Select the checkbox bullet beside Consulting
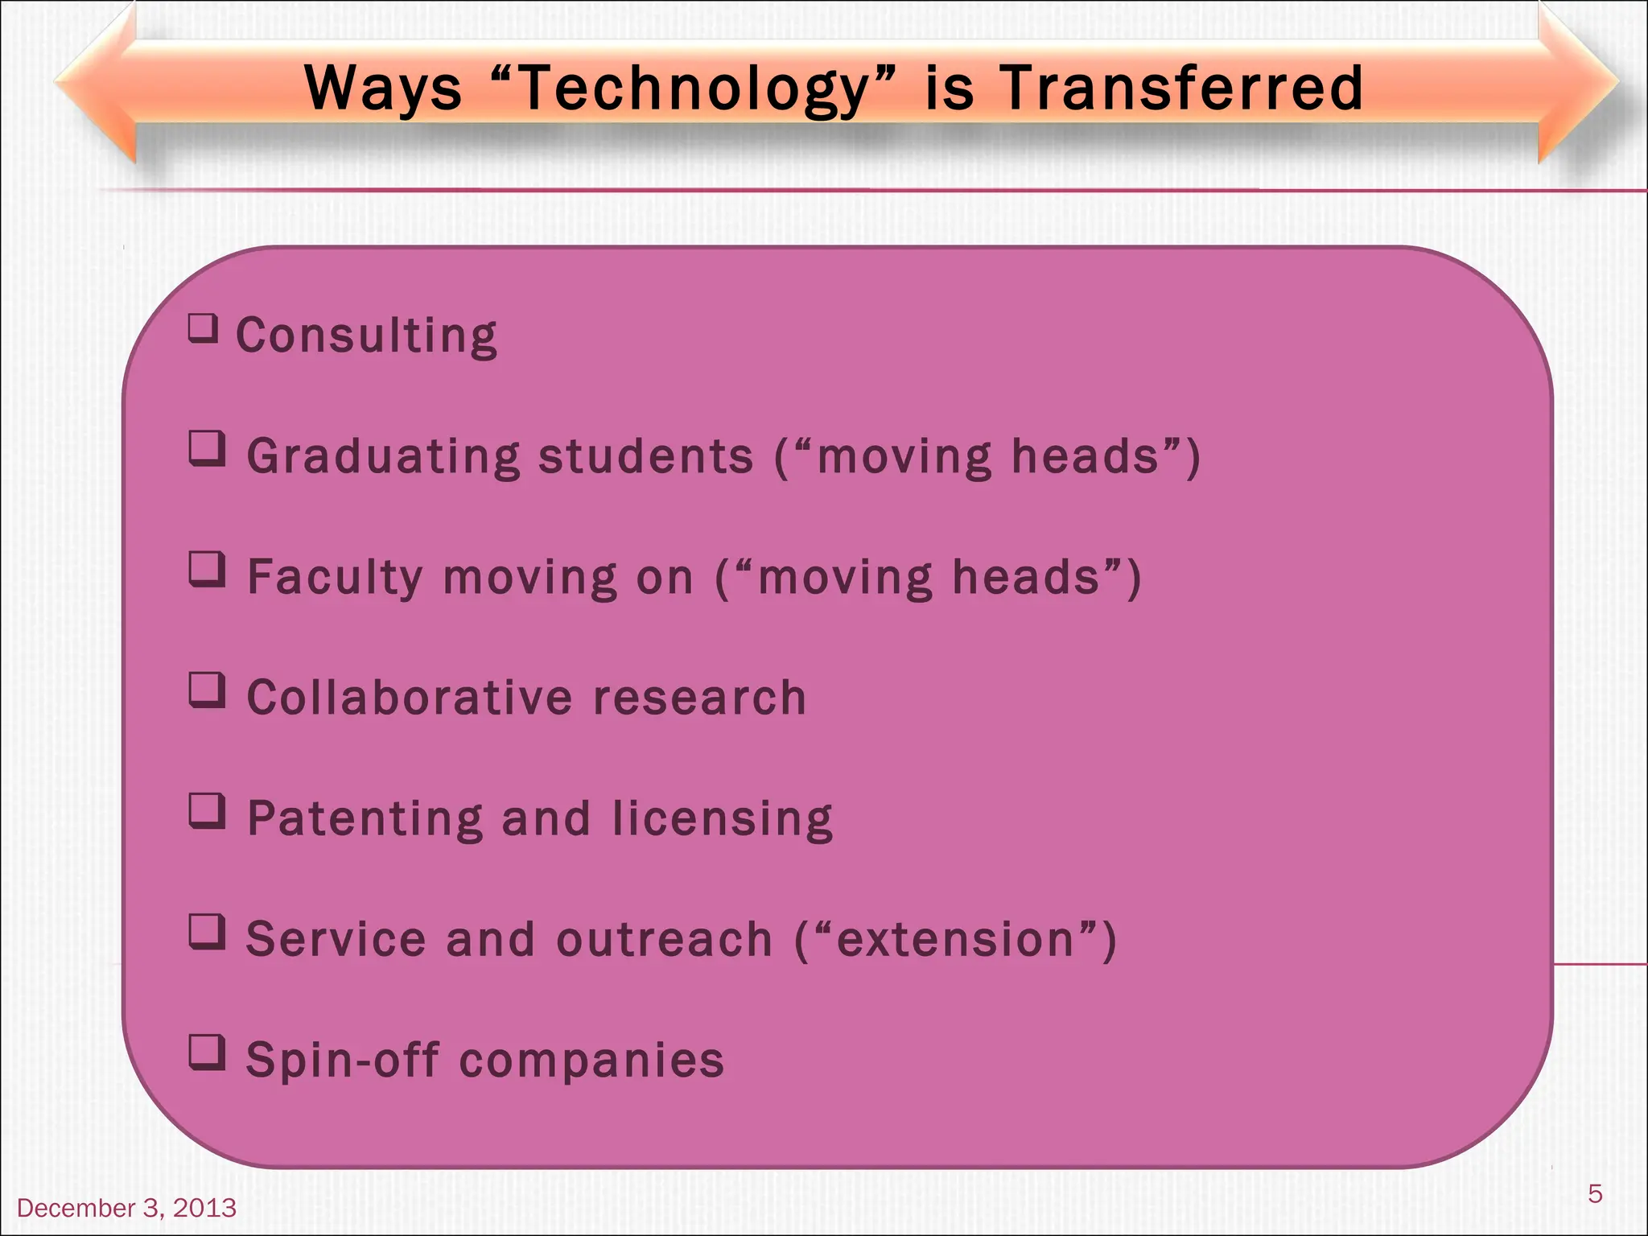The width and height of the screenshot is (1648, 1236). (x=203, y=328)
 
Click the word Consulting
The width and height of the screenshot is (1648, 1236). (x=366, y=336)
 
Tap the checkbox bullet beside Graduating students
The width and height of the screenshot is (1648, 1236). (x=207, y=448)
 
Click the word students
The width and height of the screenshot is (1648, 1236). (x=645, y=456)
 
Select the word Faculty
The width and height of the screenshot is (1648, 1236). (x=335, y=577)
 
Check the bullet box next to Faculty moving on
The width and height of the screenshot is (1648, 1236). (x=207, y=569)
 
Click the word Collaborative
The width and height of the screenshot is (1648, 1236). (x=410, y=697)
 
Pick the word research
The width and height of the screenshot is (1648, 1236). (x=699, y=697)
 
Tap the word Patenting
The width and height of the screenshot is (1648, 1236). (x=365, y=818)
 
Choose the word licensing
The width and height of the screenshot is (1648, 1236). (x=722, y=818)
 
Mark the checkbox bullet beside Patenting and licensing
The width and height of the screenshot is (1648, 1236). (x=207, y=810)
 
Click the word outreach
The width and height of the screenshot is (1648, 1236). (x=664, y=939)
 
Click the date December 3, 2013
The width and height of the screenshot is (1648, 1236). (x=126, y=1208)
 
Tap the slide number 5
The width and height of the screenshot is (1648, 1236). (x=1595, y=1193)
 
